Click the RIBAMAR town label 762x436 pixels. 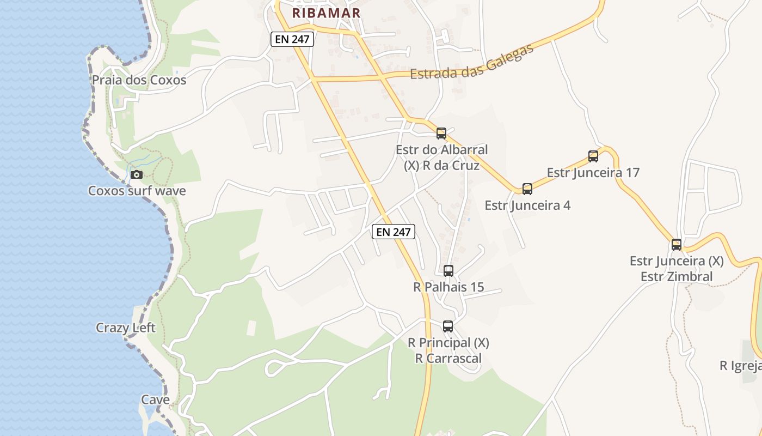tap(326, 13)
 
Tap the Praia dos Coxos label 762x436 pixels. tap(139, 80)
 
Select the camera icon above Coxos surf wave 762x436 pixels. tap(137, 174)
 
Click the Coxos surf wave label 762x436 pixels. tap(137, 191)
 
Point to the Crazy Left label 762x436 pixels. tap(126, 328)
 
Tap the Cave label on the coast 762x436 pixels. tap(156, 399)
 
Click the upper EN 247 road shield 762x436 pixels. tap(292, 39)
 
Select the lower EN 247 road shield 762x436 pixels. tap(394, 232)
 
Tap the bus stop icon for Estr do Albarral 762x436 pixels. tap(441, 133)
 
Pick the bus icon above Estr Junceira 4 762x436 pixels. tap(527, 189)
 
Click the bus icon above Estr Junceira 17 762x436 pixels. tap(593, 156)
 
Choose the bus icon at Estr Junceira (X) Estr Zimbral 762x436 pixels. tap(677, 245)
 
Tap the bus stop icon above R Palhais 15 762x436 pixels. tap(448, 270)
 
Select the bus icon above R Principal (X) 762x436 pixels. tap(448, 326)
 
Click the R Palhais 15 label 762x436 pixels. tap(448, 287)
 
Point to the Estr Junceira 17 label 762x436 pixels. tap(593, 173)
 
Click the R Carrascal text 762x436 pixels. tap(448, 358)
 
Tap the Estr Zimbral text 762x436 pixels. tap(677, 276)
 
